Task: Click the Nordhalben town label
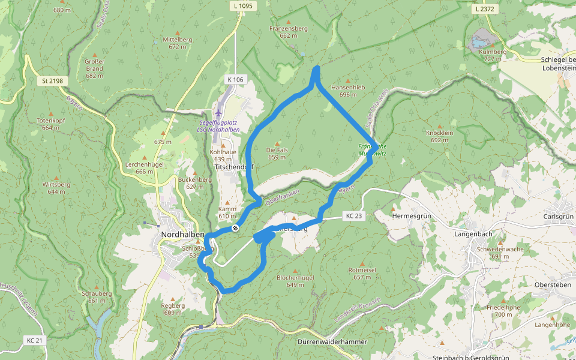pyautogui.click(x=183, y=234)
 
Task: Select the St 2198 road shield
pyautogui.click(x=52, y=80)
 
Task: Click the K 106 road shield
pyautogui.click(x=235, y=79)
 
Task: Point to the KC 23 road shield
pyautogui.click(x=354, y=216)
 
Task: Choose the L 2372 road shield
pyautogui.click(x=484, y=8)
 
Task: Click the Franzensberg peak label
pyautogui.click(x=289, y=28)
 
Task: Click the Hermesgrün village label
pyautogui.click(x=412, y=215)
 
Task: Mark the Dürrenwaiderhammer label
pyautogui.click(x=332, y=341)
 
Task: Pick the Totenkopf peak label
pyautogui.click(x=51, y=121)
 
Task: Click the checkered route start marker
pyautogui.click(x=236, y=228)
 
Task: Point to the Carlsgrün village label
pyautogui.click(x=557, y=216)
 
